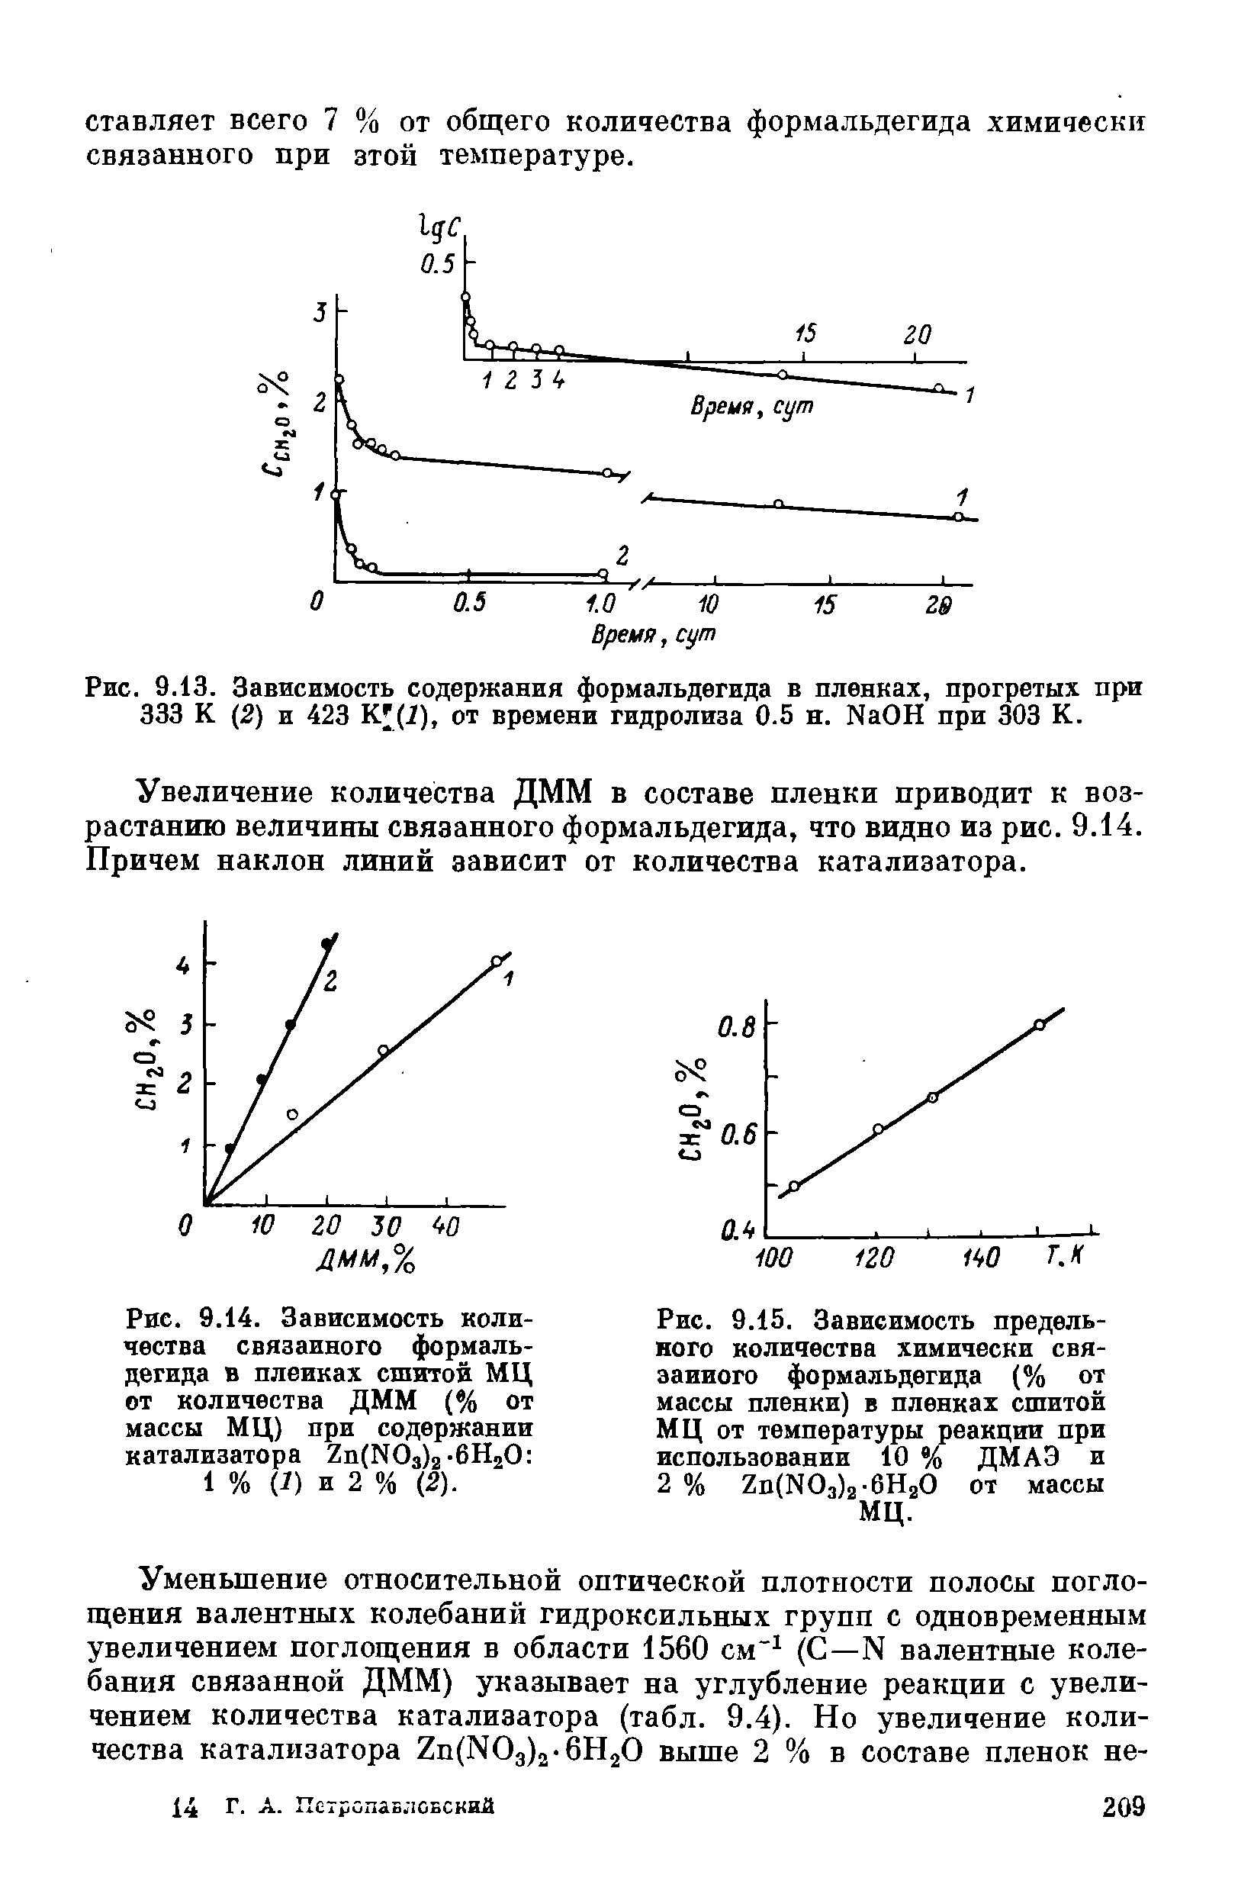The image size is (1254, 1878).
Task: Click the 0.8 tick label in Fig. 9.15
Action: point(737,1032)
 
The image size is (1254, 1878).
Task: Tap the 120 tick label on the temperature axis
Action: point(874,1257)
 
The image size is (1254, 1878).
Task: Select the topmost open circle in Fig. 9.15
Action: point(1039,1025)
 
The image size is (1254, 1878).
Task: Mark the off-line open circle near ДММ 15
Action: point(293,1114)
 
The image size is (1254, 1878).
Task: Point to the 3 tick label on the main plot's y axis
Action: point(320,313)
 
